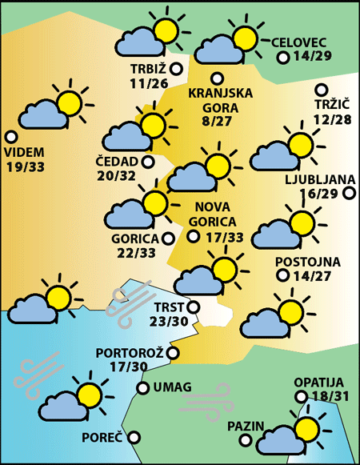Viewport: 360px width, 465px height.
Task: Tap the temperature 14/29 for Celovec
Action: pos(313,58)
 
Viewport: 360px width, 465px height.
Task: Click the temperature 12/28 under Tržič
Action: pos(333,119)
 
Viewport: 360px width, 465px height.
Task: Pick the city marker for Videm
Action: pos(11,137)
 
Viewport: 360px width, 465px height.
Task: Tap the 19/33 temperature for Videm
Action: pos(26,166)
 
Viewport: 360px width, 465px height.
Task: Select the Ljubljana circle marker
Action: pos(349,193)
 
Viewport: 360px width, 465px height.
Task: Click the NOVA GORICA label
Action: pos(214,214)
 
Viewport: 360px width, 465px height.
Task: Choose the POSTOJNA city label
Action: pos(308,262)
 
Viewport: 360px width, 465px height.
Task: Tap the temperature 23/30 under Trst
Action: pos(168,321)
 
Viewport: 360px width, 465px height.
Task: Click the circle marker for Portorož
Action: pos(173,352)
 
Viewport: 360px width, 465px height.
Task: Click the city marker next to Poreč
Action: pos(134,437)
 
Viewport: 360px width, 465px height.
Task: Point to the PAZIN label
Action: pos(245,425)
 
